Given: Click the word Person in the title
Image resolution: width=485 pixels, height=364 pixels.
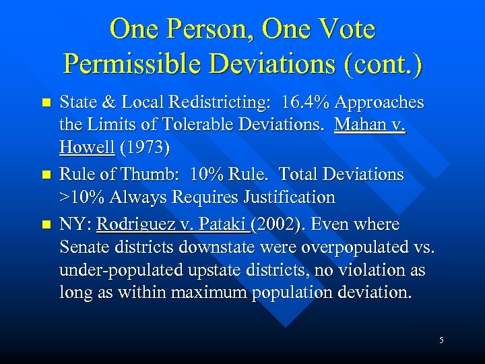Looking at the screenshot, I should [206, 29].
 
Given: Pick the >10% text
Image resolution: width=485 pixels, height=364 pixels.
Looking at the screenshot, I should [81, 197].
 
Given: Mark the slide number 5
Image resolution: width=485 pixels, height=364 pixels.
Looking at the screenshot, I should [441, 340].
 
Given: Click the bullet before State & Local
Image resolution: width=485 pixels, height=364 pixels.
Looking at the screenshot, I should [46, 104].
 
